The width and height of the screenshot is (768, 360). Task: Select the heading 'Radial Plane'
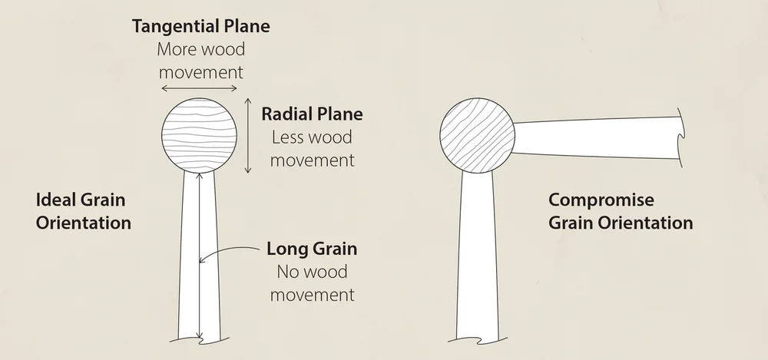point(312,115)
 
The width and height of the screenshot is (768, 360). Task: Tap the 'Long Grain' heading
point(312,249)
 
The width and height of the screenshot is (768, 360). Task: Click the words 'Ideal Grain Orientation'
point(84,212)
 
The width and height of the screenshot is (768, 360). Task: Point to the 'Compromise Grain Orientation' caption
point(621,212)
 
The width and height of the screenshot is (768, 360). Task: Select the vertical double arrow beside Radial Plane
point(248,135)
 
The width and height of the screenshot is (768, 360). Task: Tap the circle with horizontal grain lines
point(200,135)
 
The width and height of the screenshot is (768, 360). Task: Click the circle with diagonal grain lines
point(477,135)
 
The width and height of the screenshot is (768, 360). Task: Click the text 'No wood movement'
point(312,282)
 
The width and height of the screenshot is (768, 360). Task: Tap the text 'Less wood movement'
point(312,149)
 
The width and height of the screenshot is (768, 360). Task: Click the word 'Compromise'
point(601,200)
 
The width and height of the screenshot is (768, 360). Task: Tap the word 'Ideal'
point(54,200)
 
